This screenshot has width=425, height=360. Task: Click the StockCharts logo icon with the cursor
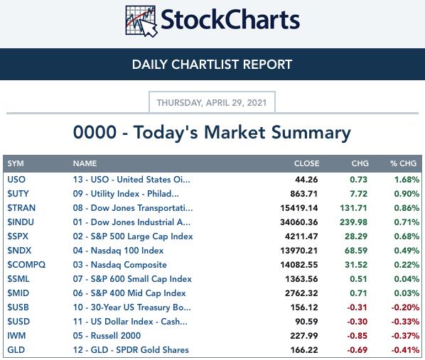141,21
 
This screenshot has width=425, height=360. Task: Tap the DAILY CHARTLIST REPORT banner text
212,65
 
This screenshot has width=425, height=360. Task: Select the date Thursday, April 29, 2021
212,103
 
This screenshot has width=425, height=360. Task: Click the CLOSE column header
306,163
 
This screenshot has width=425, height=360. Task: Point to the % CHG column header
403,163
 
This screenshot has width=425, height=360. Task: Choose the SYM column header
16,163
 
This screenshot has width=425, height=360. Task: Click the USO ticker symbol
16,180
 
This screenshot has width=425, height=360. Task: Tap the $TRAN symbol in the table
21,208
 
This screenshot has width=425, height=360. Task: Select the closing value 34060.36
299,222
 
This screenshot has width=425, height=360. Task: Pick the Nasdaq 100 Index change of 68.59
356,251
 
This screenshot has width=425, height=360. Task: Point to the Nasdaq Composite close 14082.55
299,265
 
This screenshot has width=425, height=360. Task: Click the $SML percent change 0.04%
407,279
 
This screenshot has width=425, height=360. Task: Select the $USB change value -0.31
357,307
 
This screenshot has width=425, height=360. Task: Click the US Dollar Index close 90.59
306,322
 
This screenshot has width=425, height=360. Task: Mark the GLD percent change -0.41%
405,350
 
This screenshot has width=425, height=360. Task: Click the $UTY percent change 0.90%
407,194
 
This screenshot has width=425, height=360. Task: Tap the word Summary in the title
311,133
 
